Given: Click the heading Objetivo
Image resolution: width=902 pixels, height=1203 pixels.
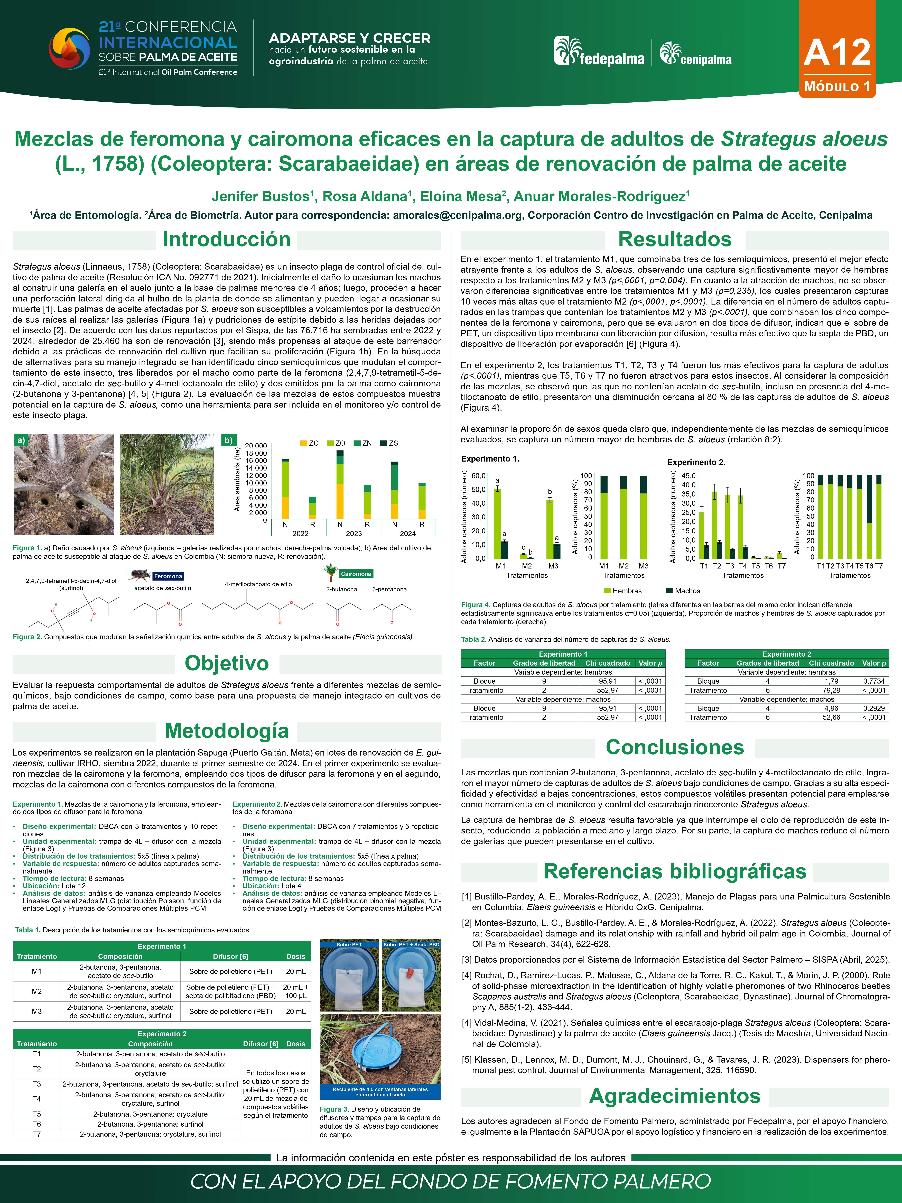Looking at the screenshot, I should (227, 663).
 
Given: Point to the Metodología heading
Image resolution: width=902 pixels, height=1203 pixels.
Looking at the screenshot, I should (227, 731).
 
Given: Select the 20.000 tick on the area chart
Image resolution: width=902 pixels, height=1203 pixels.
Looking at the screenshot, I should (256, 446).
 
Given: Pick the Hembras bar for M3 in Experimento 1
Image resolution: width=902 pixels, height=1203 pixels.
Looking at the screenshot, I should (550, 529).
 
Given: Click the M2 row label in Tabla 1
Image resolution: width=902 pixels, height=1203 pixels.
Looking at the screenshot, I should (36, 991).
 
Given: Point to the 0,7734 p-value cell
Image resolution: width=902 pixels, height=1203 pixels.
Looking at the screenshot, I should (874, 681).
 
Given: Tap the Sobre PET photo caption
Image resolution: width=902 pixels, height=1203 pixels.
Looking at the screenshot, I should (349, 945).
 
